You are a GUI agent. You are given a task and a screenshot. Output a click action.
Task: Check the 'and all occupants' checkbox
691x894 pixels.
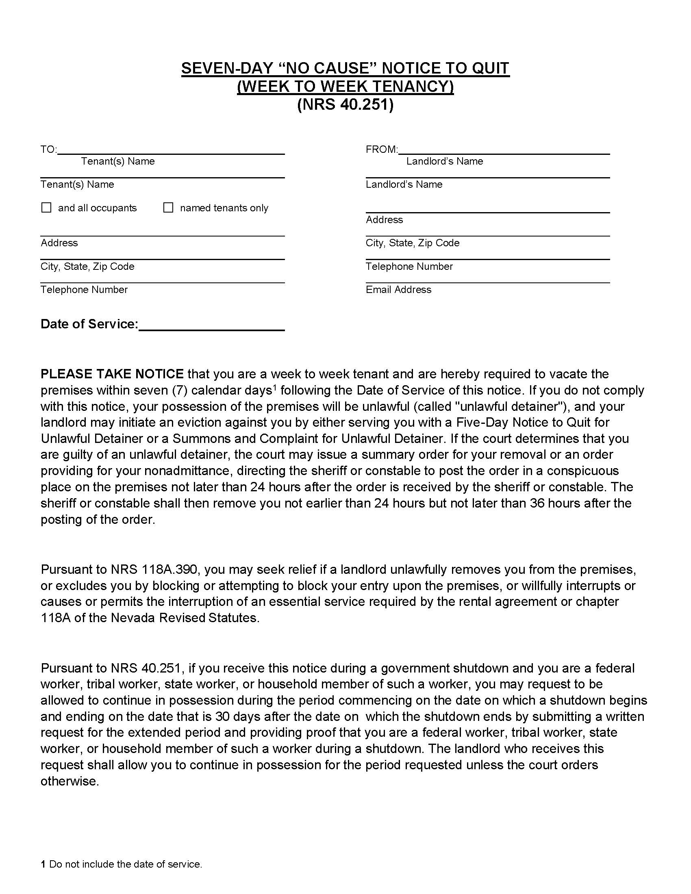coord(46,208)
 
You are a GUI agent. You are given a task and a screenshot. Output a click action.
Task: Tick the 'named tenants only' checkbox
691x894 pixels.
coord(168,208)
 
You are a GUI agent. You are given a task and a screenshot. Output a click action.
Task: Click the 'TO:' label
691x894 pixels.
coord(48,150)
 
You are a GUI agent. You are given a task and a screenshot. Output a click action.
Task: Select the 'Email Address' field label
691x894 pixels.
coord(398,290)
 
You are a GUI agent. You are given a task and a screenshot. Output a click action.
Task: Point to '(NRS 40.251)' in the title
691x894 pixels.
coord(345,105)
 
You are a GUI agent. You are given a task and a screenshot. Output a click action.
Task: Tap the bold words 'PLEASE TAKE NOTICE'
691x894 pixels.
coord(112,374)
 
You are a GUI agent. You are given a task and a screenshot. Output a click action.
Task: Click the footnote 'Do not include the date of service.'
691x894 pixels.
coord(126,864)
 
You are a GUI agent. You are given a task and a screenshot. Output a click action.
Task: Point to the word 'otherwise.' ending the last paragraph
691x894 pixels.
coord(70,781)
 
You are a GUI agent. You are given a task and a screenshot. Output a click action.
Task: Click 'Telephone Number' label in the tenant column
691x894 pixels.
coord(84,290)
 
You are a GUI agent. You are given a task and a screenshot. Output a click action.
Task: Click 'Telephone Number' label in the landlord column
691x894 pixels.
coord(409,267)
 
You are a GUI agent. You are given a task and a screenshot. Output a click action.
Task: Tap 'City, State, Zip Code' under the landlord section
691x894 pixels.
coord(412,243)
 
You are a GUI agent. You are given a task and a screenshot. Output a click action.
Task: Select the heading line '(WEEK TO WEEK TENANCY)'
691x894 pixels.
coord(345,87)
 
